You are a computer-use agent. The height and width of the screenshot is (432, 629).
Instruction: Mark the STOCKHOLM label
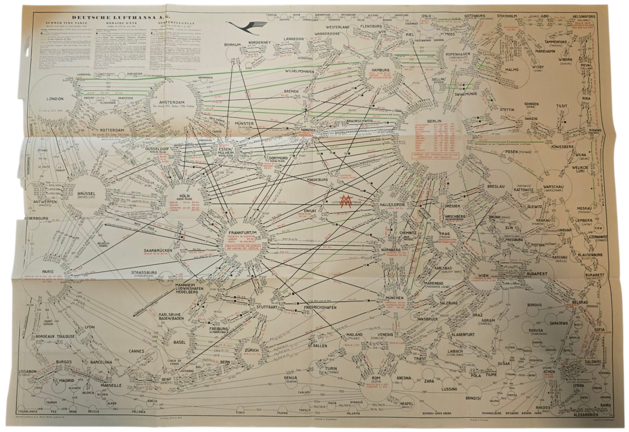click(x=507, y=16)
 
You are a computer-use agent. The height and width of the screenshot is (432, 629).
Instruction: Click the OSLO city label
click(x=426, y=16)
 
